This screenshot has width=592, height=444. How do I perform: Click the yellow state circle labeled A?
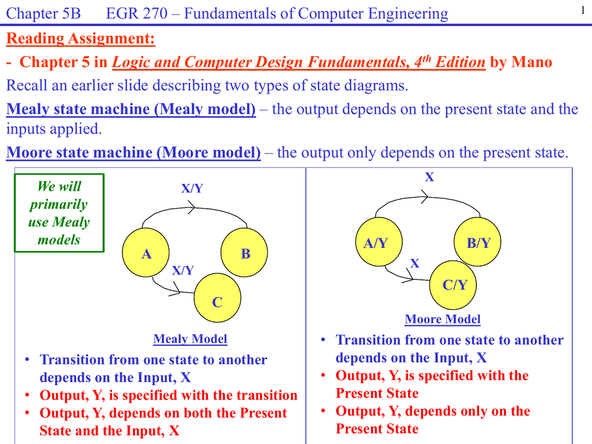146,253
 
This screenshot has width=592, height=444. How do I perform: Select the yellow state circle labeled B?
245,253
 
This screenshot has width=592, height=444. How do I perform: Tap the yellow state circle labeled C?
217,298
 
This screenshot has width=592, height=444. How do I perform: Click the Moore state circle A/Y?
379,242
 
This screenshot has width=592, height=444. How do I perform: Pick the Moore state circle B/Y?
478,242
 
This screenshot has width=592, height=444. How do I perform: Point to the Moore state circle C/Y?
453,285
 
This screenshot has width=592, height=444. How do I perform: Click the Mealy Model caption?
190,339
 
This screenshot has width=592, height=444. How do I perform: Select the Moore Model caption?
442,319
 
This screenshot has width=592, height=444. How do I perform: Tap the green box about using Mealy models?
60,213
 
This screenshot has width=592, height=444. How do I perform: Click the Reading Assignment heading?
81,39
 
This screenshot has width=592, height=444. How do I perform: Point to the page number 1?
583,10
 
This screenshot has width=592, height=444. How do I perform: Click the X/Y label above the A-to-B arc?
192,188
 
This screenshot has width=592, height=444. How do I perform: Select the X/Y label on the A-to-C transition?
183,271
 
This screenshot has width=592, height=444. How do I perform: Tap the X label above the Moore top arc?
430,177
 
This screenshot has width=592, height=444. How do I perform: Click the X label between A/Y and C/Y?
415,264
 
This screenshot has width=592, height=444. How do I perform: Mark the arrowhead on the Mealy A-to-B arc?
191,207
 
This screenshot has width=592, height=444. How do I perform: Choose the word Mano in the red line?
532,62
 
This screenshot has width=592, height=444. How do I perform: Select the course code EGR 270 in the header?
136,14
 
